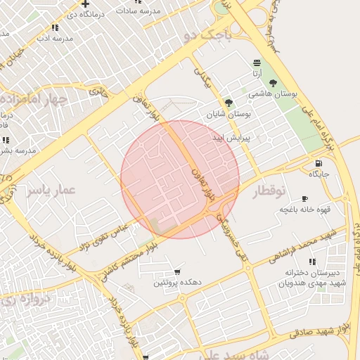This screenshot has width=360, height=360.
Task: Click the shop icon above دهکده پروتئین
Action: pyautogui.click(x=176, y=271)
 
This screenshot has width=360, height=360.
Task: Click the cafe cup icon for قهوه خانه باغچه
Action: pyautogui.click(x=304, y=199)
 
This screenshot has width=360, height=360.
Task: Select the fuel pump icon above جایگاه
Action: pyautogui.click(x=319, y=163)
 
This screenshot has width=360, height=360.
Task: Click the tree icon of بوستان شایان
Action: pyautogui.click(x=228, y=103)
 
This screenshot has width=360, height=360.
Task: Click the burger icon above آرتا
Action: pyautogui.click(x=257, y=63)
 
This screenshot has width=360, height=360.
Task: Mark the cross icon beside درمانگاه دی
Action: pyautogui.click(x=85, y=4)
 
